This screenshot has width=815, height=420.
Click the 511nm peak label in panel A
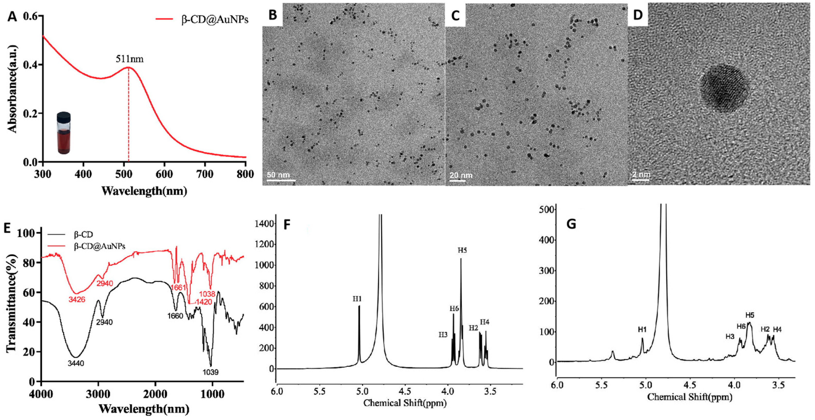tap(129, 59)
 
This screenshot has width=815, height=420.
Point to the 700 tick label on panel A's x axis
tap(205, 174)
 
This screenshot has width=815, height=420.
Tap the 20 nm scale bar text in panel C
tap(461, 175)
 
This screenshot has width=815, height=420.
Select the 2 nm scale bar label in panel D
tap(641, 175)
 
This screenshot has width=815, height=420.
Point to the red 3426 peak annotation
tap(77, 299)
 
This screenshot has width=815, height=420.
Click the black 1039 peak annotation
tap(210, 372)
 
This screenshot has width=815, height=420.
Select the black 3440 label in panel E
tap(76, 363)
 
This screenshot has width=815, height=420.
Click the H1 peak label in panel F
tap(357, 299)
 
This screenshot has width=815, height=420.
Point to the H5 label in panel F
tap(462, 251)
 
